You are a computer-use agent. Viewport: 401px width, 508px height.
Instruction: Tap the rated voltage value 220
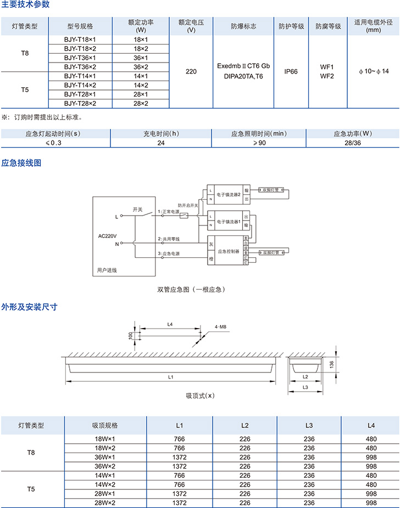pyautogui.click(x=191, y=71)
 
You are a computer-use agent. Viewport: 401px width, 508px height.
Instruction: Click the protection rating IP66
pyautogui.click(x=291, y=71)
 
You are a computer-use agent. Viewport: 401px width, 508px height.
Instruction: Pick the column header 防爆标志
pyautogui.click(x=243, y=26)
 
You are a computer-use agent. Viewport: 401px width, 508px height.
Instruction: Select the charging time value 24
pyautogui.click(x=161, y=143)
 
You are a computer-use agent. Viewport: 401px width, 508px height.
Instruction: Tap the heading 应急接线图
pyautogui.click(x=21, y=163)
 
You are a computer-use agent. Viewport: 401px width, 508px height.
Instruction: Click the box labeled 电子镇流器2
pyautogui.click(x=229, y=194)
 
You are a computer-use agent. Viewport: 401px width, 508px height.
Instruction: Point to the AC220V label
pyautogui.click(x=108, y=236)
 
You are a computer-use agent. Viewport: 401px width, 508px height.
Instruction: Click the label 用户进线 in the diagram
pyautogui.click(x=107, y=270)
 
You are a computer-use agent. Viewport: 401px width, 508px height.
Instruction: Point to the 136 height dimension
pyautogui.click(x=331, y=364)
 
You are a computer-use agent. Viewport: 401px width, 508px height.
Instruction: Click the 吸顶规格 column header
pyautogui.click(x=104, y=425)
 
